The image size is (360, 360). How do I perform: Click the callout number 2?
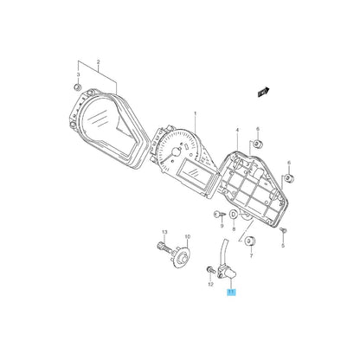click(x=99, y=61)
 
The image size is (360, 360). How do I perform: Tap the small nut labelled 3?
click(x=79, y=88)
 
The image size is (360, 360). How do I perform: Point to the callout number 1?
click(x=196, y=113)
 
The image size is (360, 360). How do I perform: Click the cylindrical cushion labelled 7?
click(x=248, y=240)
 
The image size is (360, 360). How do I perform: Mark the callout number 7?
click(x=251, y=256)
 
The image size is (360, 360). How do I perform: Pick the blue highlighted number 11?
click(x=230, y=295)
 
